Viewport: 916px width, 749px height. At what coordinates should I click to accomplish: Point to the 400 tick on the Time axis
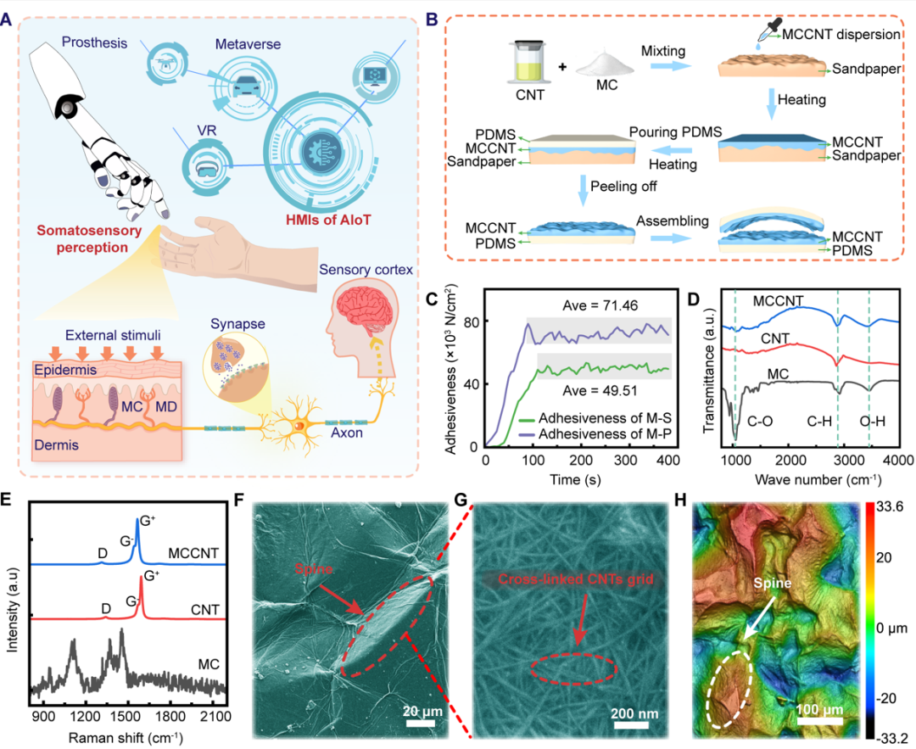click(x=668, y=459)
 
